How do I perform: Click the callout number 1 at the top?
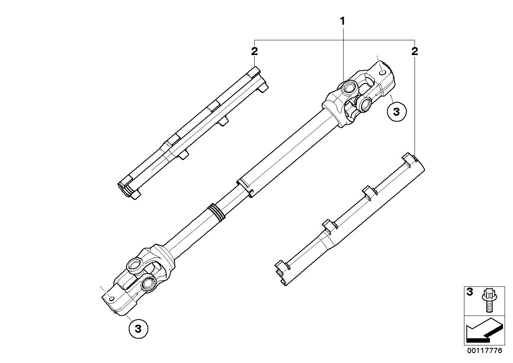pyautogui.click(x=342, y=21)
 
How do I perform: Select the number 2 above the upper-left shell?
pyautogui.click(x=254, y=51)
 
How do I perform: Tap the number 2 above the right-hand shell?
pyautogui.click(x=415, y=51)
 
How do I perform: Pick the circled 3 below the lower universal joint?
pyautogui.click(x=138, y=329)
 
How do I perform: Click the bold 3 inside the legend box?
pyautogui.click(x=470, y=292)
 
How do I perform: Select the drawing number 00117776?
pyautogui.click(x=484, y=351)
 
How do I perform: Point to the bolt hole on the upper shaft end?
pyautogui.click(x=382, y=73)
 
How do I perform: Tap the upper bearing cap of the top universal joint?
pyautogui.click(x=350, y=87)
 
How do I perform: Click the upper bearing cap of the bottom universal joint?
pyautogui.click(x=135, y=264)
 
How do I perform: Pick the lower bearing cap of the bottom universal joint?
pyautogui.click(x=149, y=284)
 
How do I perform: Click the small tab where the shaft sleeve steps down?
pyautogui.click(x=251, y=193)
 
